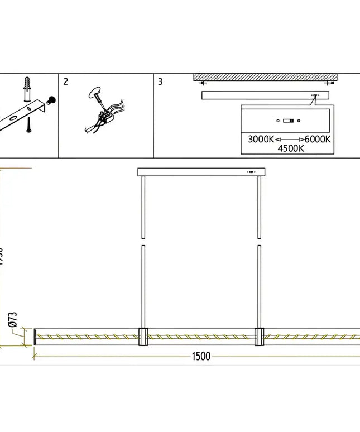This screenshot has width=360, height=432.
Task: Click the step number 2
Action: [66, 82]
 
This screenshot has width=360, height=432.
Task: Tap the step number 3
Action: [160, 82]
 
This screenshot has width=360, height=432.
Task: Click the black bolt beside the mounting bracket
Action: [51, 101]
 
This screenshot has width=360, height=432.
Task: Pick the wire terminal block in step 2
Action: [104, 117]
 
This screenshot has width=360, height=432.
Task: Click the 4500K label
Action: [290, 149]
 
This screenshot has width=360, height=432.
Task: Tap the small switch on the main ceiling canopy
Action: [252, 172]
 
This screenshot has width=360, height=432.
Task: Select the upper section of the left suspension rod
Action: [143, 206]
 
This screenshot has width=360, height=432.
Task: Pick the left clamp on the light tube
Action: [143, 337]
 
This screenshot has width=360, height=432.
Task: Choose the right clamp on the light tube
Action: [259, 337]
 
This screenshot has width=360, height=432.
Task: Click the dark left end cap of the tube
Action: [36, 337]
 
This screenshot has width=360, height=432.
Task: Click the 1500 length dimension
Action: [202, 356]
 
